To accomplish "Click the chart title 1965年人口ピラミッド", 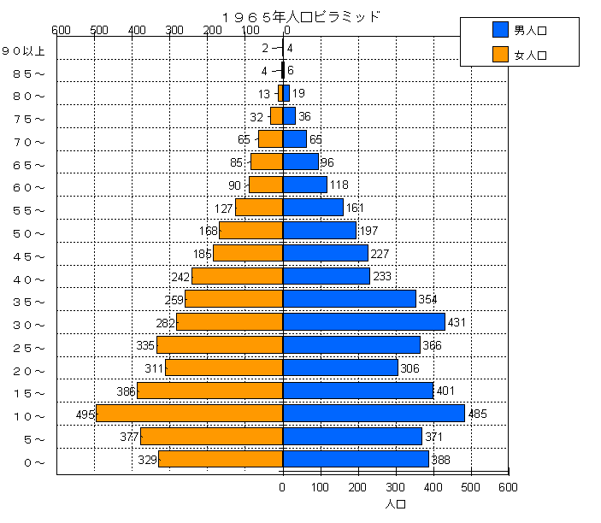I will click(x=299, y=16).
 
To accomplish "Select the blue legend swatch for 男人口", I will click(x=501, y=30).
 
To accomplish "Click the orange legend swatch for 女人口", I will click(x=501, y=56).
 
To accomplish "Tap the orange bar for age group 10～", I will click(x=189, y=413).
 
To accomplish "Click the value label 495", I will click(x=84, y=414).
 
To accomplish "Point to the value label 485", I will click(x=477, y=414).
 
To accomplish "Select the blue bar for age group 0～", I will click(x=356, y=459).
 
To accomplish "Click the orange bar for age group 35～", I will click(x=233, y=299).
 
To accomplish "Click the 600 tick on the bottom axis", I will click(x=508, y=487).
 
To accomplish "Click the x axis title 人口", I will click(x=395, y=504).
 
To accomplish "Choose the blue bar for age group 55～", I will click(x=313, y=208).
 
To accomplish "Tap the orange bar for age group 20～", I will click(x=224, y=367).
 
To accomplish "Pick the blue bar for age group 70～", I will click(x=295, y=138).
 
